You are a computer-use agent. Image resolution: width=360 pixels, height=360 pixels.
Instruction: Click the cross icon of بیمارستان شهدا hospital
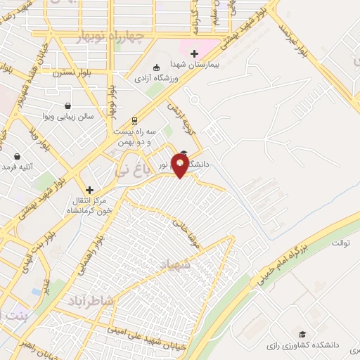[195, 53]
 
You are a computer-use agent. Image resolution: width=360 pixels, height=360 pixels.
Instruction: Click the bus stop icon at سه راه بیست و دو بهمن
[135, 120]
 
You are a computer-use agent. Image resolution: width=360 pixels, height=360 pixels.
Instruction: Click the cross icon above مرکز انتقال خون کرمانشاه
[89, 190]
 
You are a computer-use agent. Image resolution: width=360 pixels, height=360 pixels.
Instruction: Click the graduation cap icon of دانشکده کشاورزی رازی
[302, 335]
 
